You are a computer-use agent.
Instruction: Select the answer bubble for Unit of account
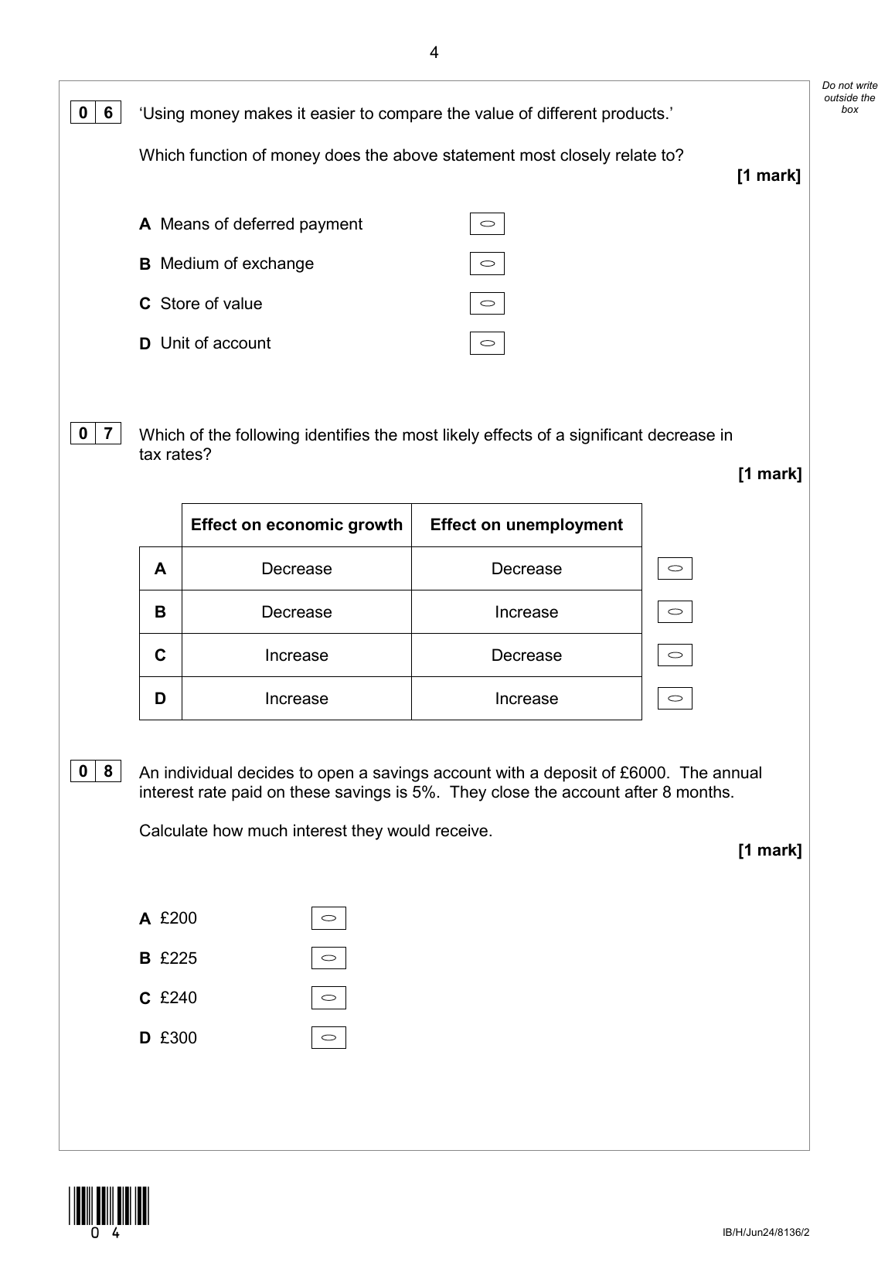click(x=487, y=343)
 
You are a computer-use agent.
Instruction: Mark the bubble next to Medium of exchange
click(x=487, y=264)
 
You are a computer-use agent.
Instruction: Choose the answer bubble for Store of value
click(x=487, y=304)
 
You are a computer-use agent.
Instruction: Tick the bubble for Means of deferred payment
click(x=487, y=224)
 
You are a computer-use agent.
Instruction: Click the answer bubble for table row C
click(x=675, y=655)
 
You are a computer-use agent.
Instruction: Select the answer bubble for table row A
click(x=675, y=569)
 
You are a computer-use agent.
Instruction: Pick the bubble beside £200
click(x=328, y=918)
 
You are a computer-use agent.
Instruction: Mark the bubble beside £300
click(x=328, y=1037)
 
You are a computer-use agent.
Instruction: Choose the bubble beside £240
click(x=328, y=998)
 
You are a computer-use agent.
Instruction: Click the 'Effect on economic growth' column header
click(x=297, y=526)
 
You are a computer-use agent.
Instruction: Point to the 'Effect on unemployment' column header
click(x=526, y=526)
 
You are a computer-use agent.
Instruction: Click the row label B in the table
click(x=160, y=612)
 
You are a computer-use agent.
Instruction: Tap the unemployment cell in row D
click(x=526, y=699)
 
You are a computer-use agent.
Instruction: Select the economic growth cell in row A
click(x=297, y=569)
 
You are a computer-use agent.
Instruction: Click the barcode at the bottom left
click(x=108, y=1206)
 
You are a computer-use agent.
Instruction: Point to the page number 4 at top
click(x=434, y=53)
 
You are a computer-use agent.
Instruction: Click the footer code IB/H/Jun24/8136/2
click(x=766, y=1232)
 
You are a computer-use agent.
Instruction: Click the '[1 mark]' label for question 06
click(x=769, y=175)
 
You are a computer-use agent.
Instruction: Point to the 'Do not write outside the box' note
click(x=849, y=97)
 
